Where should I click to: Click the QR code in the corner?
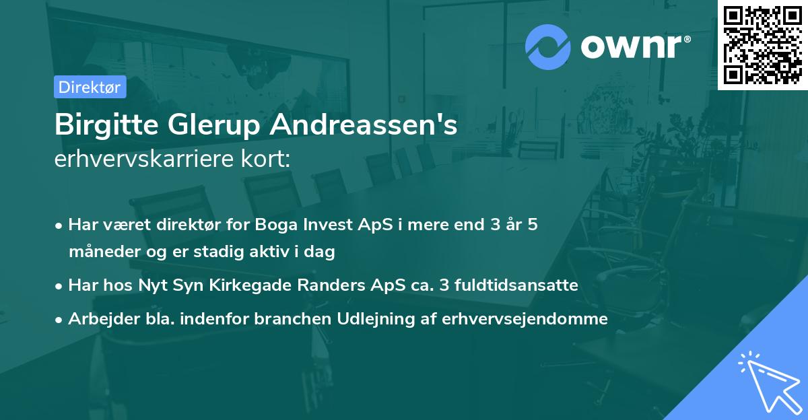762,44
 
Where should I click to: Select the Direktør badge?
90,87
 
